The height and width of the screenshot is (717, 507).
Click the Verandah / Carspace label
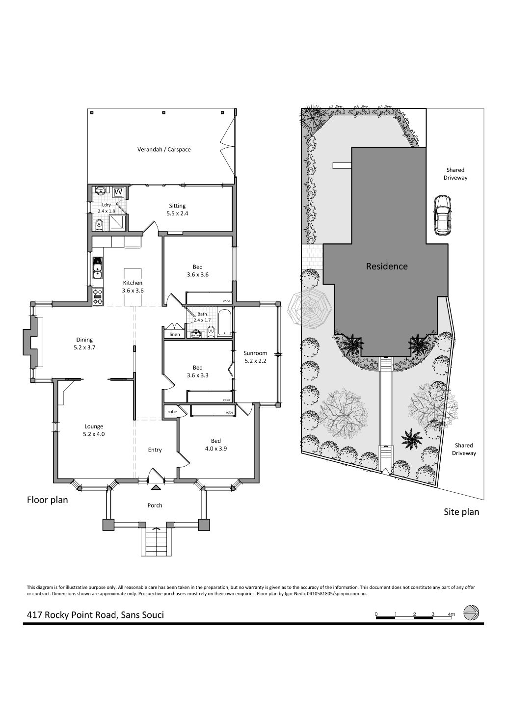tap(164, 149)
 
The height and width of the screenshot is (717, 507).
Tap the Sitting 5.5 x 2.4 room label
tap(177, 210)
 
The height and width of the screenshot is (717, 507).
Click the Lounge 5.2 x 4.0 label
tap(94, 430)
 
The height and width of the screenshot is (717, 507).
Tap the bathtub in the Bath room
tap(225, 322)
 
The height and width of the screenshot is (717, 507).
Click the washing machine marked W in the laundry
tap(118, 192)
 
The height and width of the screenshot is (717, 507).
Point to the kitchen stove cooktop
tap(98, 296)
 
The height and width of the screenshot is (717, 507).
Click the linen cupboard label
tap(175, 335)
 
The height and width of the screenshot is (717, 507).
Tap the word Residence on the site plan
tap(387, 266)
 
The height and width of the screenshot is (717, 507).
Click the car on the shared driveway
tap(442, 215)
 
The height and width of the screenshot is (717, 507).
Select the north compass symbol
tap(472, 612)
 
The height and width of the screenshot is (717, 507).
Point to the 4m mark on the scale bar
tap(452, 614)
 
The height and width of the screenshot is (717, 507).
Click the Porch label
tap(155, 505)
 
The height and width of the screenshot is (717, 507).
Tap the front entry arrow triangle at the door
tap(156, 487)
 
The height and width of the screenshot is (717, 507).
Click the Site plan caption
tap(461, 512)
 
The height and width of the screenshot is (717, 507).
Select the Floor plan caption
tap(48, 500)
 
